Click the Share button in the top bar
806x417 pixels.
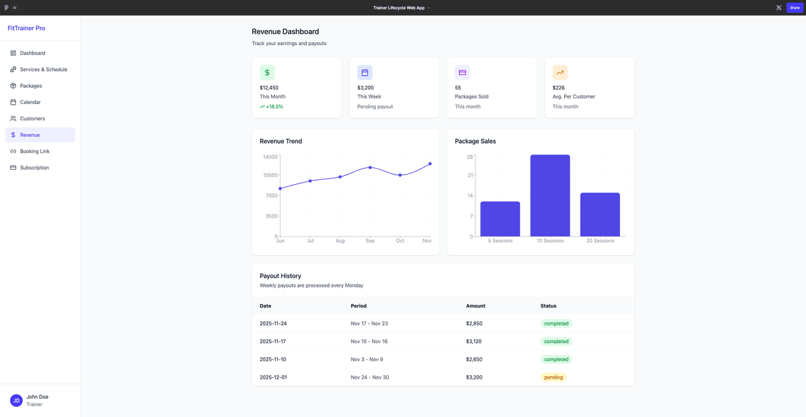795,7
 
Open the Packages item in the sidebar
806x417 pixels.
31,86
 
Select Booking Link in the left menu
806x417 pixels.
34,151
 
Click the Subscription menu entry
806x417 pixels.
34,168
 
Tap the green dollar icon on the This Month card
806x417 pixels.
267,73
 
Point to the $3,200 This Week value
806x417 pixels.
365,88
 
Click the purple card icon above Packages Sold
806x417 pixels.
462,73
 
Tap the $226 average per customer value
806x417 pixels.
558,88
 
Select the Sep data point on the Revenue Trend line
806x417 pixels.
370,167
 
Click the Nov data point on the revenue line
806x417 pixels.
430,164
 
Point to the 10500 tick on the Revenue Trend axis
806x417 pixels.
270,175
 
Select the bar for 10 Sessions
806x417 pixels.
550,195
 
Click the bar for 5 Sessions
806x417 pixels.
500,219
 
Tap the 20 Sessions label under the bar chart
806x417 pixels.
600,241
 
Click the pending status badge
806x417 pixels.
553,377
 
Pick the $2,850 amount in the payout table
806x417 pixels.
474,324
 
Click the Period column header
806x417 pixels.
359,306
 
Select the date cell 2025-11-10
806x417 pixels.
273,359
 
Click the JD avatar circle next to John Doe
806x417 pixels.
16,401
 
